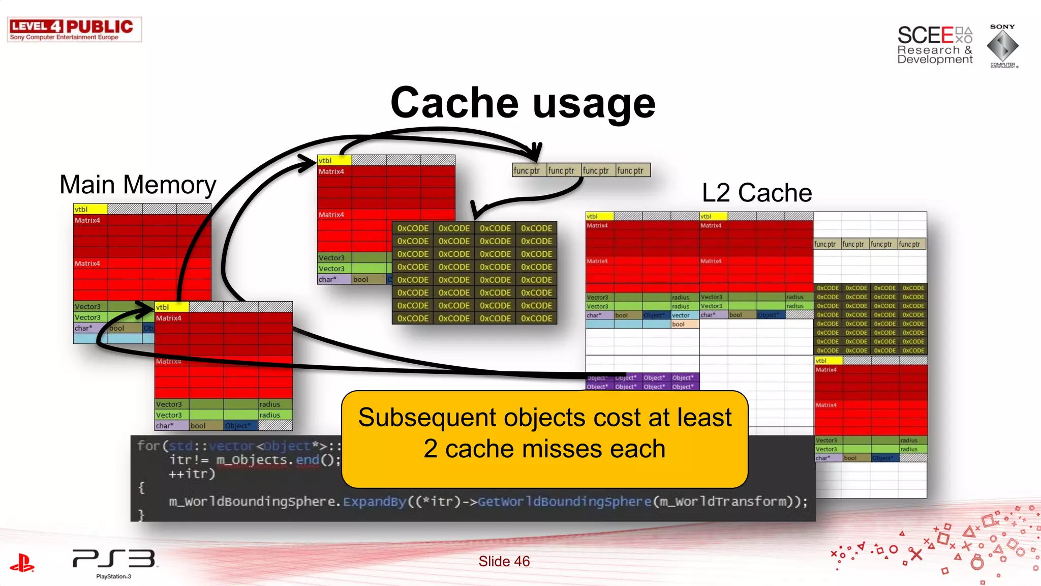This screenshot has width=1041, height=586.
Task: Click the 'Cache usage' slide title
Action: (523, 103)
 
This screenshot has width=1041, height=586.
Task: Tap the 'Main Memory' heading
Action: (138, 185)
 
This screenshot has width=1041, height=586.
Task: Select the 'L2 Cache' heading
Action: (756, 193)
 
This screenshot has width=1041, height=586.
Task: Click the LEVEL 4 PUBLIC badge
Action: (74, 30)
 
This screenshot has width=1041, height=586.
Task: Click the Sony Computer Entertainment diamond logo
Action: (1002, 46)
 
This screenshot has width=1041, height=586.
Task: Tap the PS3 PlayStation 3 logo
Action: (114, 563)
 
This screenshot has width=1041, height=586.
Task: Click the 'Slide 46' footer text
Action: (504, 561)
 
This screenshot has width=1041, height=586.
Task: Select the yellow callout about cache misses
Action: (544, 439)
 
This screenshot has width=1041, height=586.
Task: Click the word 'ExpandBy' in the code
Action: (375, 502)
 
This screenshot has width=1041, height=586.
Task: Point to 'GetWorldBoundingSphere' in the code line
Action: (564, 502)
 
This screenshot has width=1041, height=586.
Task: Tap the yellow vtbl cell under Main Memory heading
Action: (90, 209)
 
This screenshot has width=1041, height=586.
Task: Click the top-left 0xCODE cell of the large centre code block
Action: (413, 228)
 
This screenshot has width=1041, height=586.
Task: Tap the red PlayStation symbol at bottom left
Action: (22, 563)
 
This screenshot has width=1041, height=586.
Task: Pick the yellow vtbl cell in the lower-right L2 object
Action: (829, 361)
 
